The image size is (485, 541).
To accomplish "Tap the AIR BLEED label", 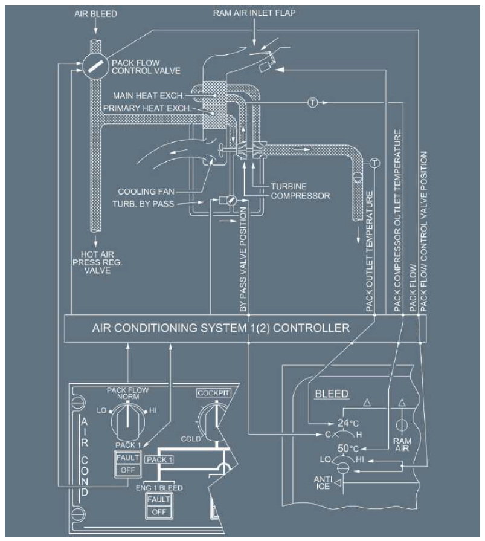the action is tap(95, 14).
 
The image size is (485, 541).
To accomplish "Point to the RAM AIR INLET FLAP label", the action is tap(254, 13).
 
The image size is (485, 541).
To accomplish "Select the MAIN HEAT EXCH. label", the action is tap(149, 96).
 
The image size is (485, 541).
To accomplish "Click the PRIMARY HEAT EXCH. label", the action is tap(147, 108).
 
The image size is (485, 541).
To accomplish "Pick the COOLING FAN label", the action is tap(146, 192).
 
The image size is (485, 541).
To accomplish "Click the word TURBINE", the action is tap(289, 186).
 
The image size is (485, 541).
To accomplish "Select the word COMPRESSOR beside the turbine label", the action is tap(300, 196).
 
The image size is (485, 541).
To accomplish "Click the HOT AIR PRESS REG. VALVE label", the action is tap(97, 262).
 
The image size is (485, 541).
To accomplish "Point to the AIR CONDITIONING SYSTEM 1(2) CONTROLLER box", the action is tap(245, 328).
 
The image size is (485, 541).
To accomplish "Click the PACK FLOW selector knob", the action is tap(128, 421).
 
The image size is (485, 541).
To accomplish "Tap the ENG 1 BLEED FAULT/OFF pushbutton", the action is tap(159, 506).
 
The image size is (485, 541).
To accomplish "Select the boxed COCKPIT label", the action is tap(214, 393).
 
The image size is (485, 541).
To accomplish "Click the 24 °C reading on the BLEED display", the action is tap(348, 423).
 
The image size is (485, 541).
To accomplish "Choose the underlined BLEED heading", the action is tap(332, 394).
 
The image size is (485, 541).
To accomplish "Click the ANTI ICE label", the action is tap(323, 483).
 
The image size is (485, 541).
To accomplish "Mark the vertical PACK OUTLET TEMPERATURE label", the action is tap(369, 251).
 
